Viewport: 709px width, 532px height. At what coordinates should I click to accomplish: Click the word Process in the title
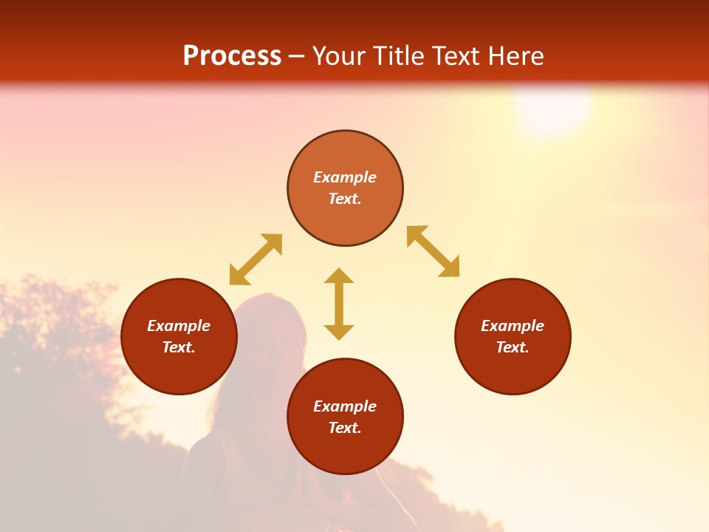tap(232, 56)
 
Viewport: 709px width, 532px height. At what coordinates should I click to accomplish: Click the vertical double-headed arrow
tap(339, 304)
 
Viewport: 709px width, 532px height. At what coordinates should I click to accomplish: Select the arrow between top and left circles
tap(256, 259)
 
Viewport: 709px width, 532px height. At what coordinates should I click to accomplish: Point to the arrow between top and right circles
tap(434, 252)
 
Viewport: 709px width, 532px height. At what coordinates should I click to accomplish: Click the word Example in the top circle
tap(345, 177)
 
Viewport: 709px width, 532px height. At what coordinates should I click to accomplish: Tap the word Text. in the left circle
tap(179, 347)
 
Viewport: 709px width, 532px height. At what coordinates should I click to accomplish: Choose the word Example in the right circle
tap(513, 326)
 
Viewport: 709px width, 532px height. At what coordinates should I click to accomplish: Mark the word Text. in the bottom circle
tap(345, 428)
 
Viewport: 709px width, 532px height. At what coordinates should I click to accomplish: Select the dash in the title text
tap(297, 57)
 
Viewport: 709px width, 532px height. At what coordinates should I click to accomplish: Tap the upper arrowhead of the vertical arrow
tap(339, 276)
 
